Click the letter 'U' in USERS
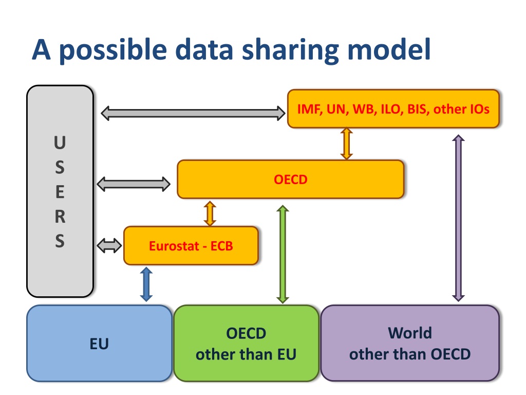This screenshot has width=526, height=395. [60, 143]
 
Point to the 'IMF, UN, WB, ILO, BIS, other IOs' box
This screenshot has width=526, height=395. [393, 109]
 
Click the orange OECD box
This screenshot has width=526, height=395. [290, 179]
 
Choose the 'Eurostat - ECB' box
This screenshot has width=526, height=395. [191, 246]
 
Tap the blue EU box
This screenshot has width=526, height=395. [99, 344]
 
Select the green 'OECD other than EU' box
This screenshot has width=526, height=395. [246, 344]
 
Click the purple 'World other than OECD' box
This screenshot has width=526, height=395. [410, 344]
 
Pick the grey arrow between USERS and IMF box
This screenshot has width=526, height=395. [193, 113]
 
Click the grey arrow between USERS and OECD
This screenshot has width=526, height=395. [134, 183]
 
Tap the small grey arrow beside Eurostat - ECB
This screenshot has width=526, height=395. [109, 246]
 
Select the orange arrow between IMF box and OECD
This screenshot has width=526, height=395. [347, 143]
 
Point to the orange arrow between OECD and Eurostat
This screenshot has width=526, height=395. [210, 212]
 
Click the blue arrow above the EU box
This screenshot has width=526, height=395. [146, 284]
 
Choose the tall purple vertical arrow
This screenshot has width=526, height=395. [458, 218]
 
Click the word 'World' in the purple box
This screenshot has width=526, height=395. [409, 333]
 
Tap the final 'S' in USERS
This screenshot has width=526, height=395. [60, 241]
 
